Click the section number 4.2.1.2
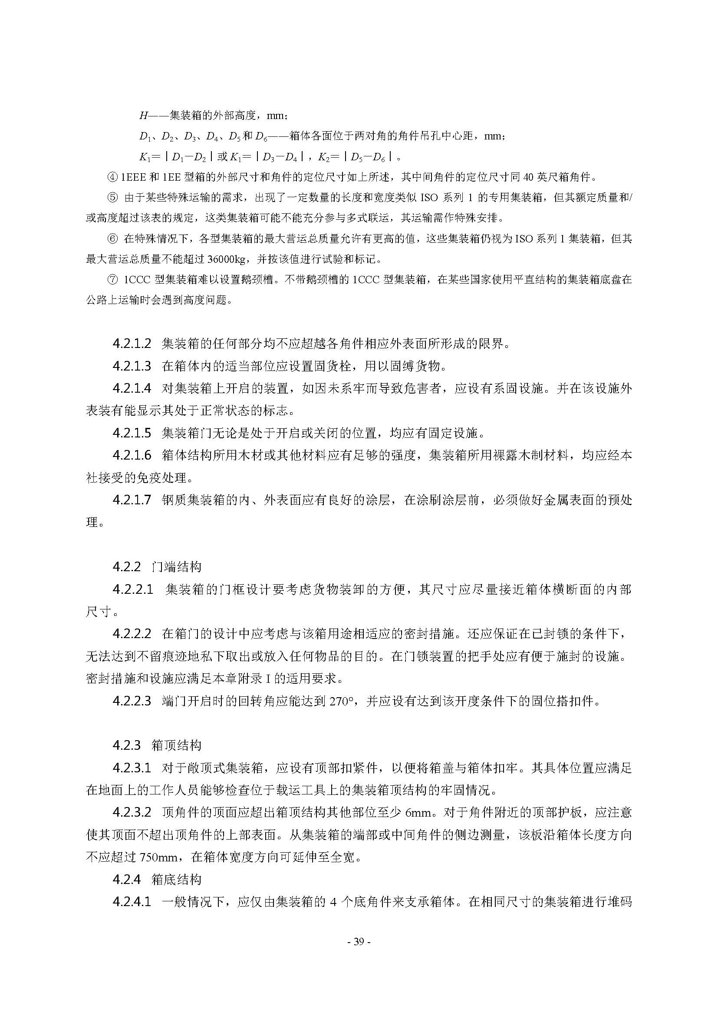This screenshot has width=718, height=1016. coord(132,344)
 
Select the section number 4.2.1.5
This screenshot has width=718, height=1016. coord(132,433)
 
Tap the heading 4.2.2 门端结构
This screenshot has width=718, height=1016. coord(157,567)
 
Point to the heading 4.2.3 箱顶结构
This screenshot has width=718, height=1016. coord(157,745)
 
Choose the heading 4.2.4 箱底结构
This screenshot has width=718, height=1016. coord(157,879)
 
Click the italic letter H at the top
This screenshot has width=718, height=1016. coord(143,116)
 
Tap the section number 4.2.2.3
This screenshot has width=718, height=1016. coord(132,701)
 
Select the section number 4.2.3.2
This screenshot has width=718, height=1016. coord(132,812)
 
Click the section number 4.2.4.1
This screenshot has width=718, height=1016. coord(132,902)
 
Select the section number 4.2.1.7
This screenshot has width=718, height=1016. coord(132,500)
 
